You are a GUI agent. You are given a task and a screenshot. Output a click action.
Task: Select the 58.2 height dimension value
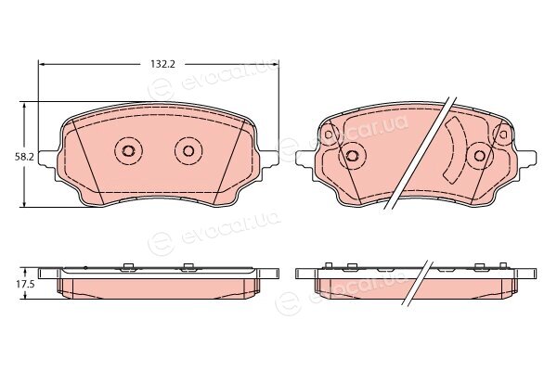24,157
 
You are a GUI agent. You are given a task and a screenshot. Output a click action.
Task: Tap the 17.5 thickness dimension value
24,285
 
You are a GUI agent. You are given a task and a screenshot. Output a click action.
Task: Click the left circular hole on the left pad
128,151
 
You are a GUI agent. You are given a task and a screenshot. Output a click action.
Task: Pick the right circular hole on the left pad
188,151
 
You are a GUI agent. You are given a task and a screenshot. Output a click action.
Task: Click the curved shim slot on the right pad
456,151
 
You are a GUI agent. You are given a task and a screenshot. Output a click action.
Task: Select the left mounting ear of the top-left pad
47,158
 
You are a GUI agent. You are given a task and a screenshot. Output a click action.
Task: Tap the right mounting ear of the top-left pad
270,158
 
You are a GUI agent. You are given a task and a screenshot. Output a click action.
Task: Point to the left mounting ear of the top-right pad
304,158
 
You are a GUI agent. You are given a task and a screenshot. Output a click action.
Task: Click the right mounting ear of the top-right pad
527,158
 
